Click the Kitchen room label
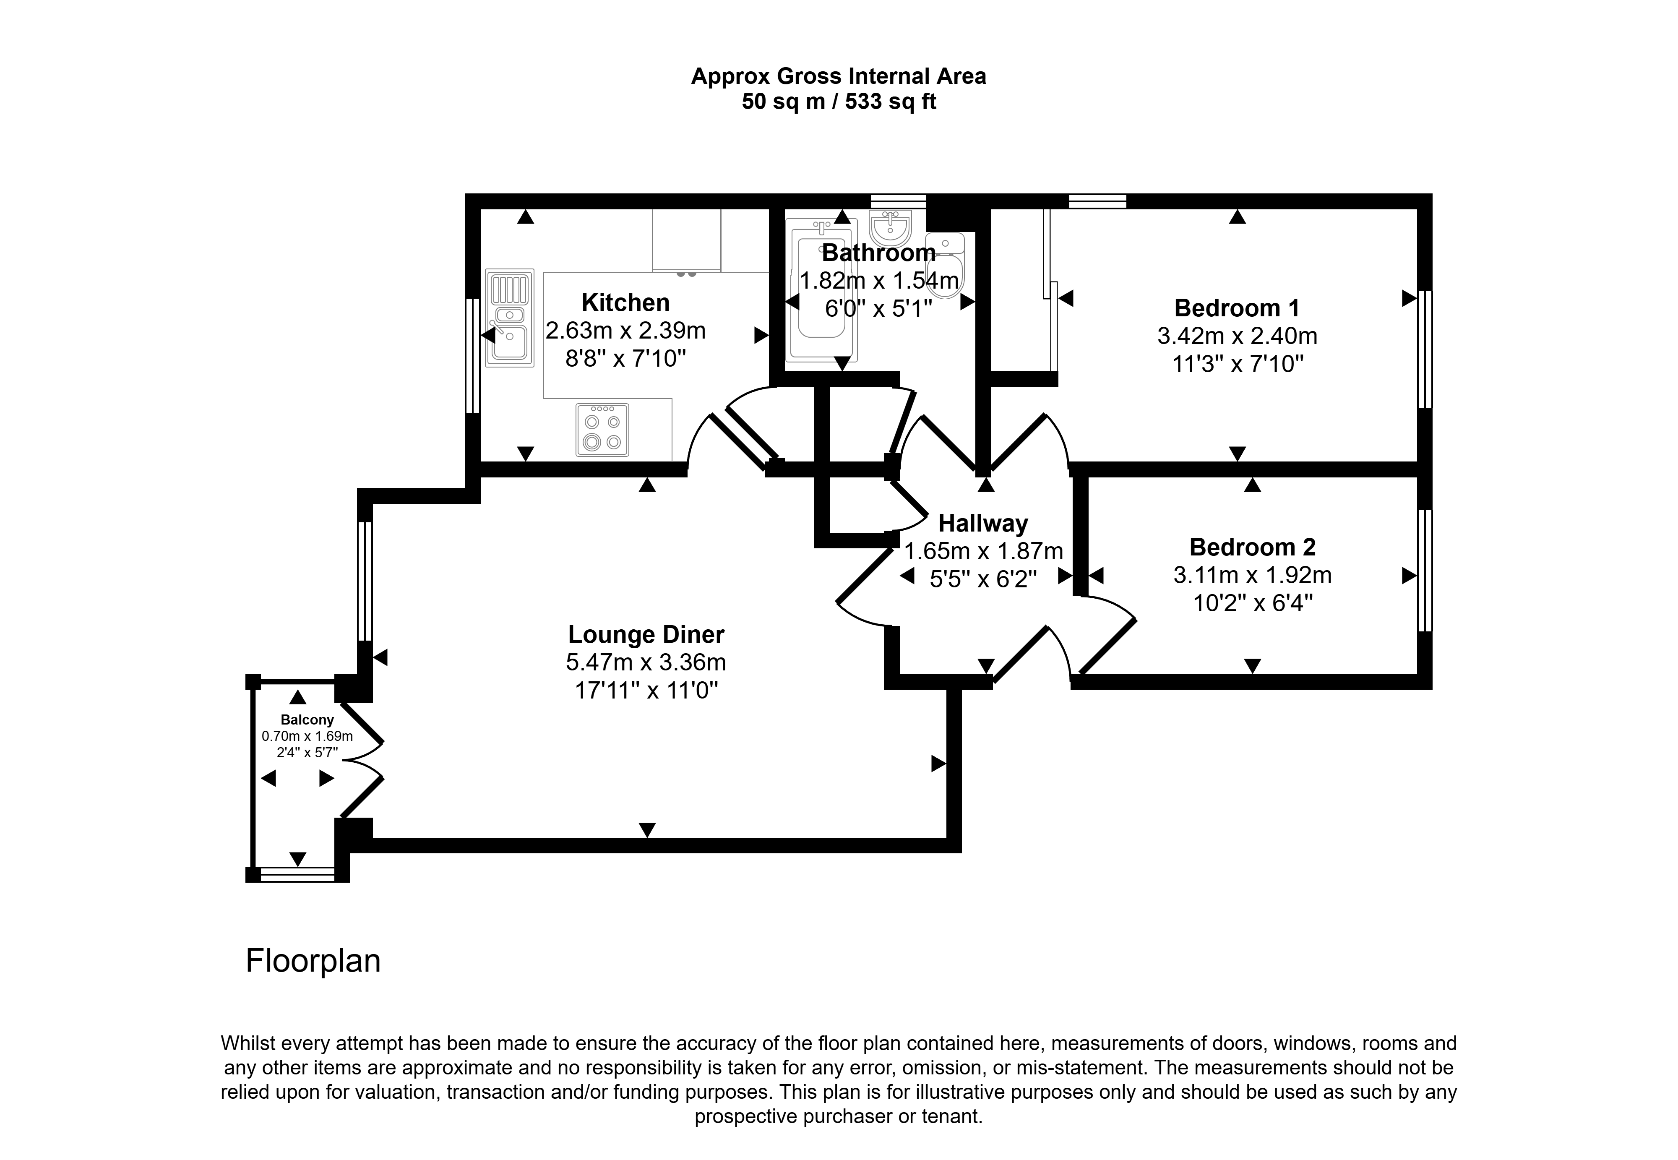625,302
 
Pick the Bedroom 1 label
1237,308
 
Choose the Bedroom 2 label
1252,547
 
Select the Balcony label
307,719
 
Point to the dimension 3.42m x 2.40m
1237,336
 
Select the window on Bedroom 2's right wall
1424,571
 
